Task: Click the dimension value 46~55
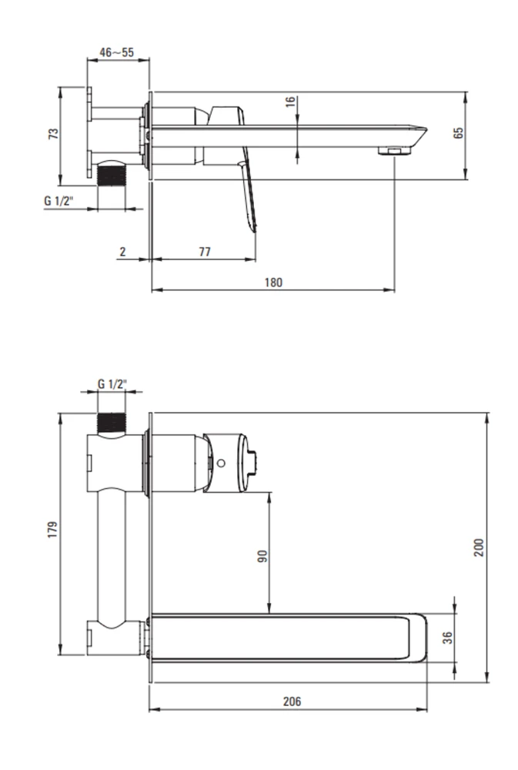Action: [116, 52]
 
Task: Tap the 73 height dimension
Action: [53, 133]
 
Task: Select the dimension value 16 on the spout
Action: [290, 102]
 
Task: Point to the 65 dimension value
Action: [458, 133]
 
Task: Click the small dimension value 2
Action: [122, 252]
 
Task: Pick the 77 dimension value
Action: [205, 252]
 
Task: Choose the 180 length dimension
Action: [273, 283]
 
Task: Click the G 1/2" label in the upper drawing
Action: [58, 200]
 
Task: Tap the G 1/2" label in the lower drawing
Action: [112, 383]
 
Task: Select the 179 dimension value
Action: [52, 530]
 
